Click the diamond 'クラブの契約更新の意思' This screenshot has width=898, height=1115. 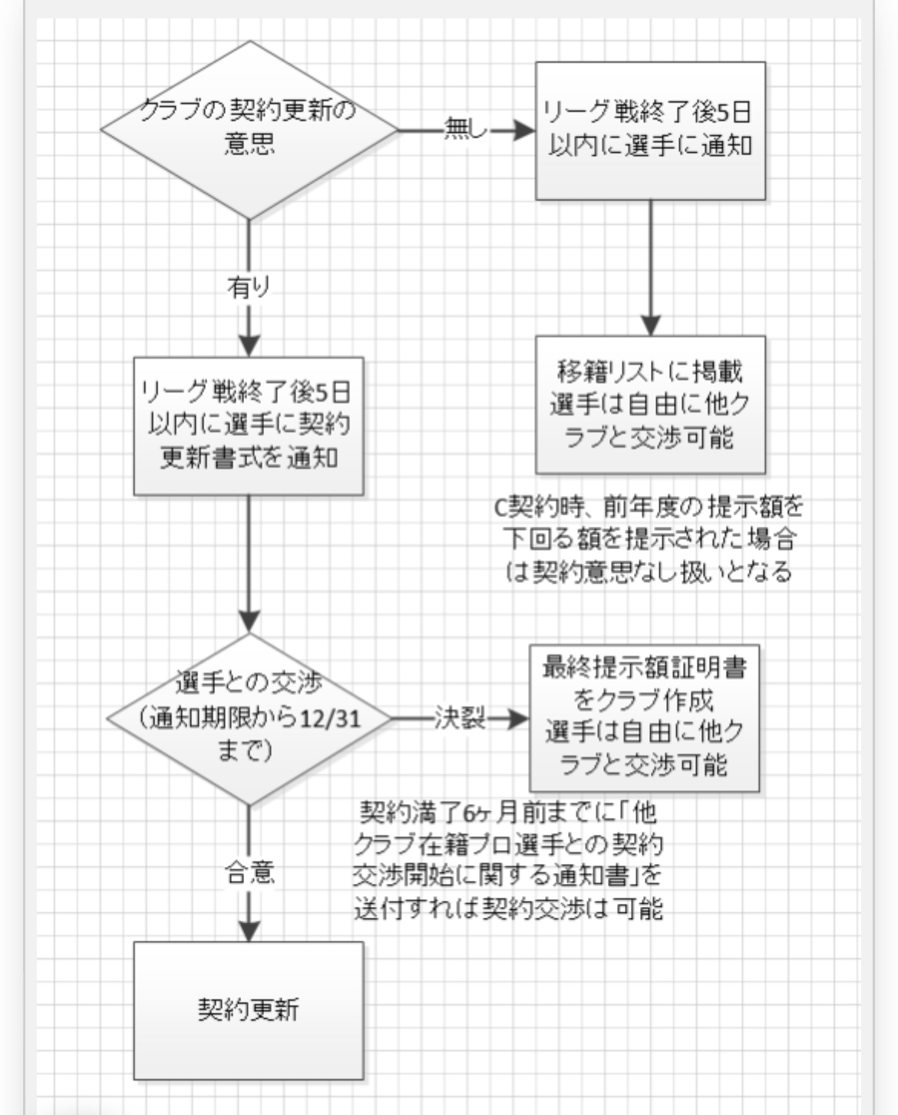(x=249, y=130)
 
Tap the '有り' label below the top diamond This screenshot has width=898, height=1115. (x=249, y=286)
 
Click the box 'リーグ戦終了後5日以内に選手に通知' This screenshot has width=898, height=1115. (x=650, y=131)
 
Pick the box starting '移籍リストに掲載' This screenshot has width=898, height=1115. (x=650, y=405)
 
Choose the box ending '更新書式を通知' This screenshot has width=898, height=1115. (x=249, y=426)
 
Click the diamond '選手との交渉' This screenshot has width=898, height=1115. (x=249, y=720)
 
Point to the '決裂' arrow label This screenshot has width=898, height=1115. (x=460, y=718)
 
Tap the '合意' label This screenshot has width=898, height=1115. (x=249, y=872)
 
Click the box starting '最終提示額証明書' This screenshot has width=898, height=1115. (x=644, y=718)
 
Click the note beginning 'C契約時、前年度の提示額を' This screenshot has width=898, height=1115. (x=649, y=539)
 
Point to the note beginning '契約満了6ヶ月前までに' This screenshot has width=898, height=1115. (x=508, y=860)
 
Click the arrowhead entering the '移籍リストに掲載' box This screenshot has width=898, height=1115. (x=650, y=326)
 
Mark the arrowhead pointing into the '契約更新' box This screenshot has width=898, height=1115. (x=249, y=931)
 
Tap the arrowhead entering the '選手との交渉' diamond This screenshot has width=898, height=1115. (x=249, y=622)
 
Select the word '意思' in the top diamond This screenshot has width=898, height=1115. (x=249, y=144)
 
